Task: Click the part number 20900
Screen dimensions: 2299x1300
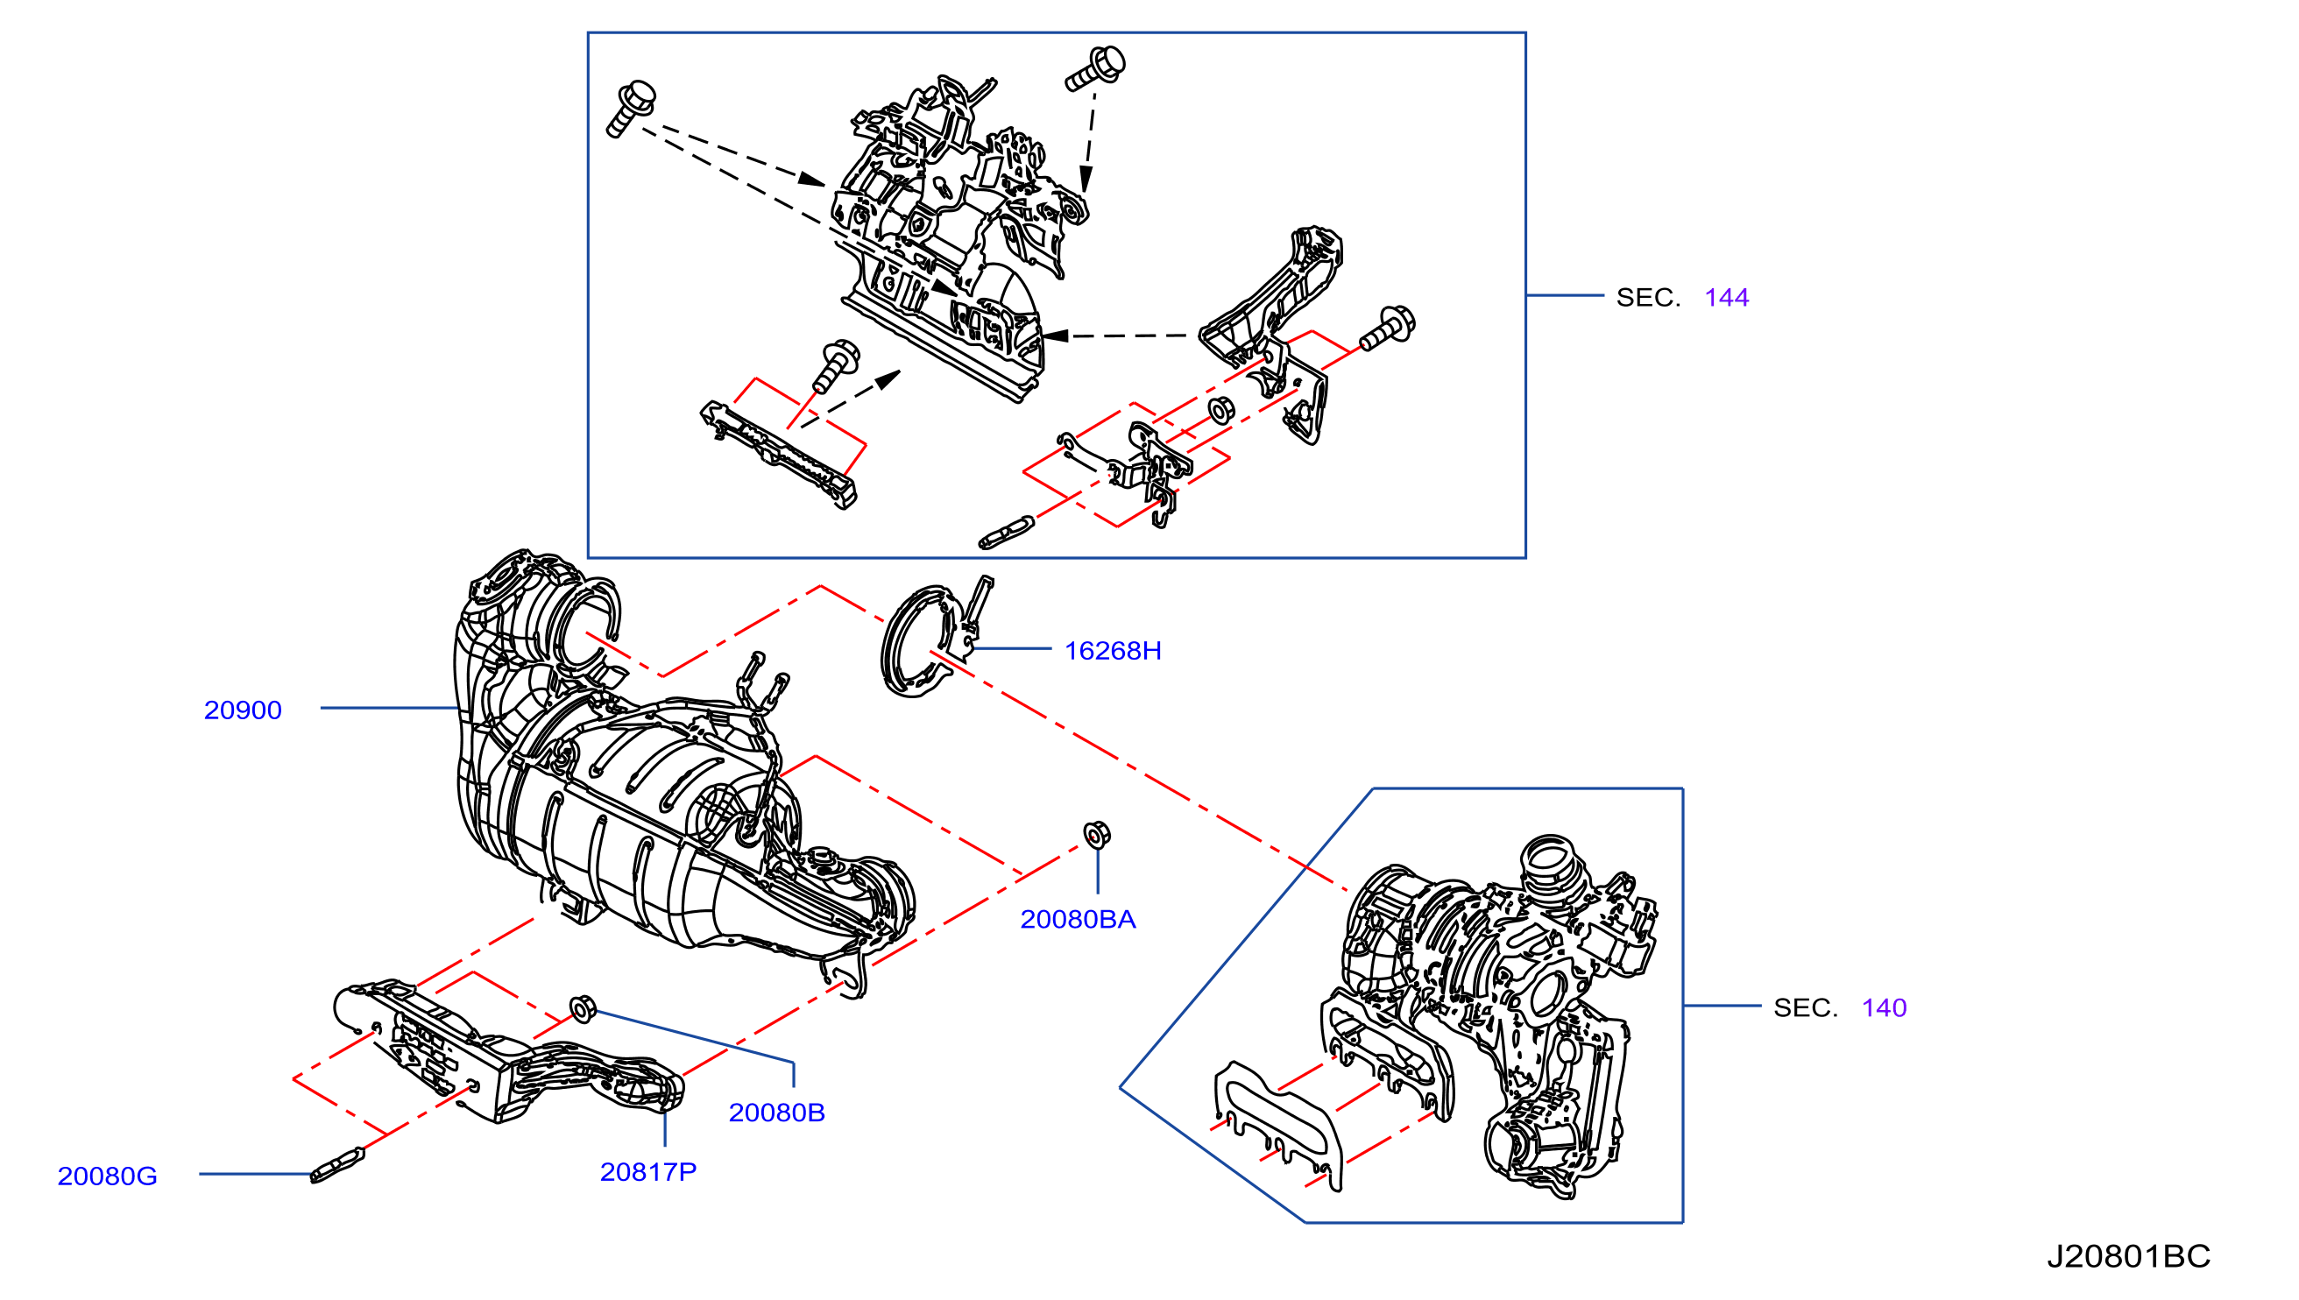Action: click(243, 710)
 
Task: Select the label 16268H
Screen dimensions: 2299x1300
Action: click(1113, 651)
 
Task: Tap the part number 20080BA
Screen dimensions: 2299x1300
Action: click(1078, 920)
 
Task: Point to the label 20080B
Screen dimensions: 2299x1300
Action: click(777, 1113)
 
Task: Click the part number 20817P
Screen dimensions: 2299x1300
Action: click(648, 1172)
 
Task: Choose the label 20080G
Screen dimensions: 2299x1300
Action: click(107, 1176)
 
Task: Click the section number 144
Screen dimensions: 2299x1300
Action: click(1727, 298)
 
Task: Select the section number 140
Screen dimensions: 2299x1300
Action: click(1884, 1008)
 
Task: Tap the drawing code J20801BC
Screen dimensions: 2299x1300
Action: click(2128, 1257)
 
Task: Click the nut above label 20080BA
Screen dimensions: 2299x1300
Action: click(1096, 835)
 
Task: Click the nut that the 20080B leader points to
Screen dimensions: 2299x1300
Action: click(582, 1009)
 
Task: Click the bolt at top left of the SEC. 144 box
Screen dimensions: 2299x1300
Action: click(631, 109)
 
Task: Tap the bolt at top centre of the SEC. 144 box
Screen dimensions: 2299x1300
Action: click(1095, 68)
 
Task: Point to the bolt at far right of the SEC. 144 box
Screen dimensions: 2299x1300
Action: click(1388, 328)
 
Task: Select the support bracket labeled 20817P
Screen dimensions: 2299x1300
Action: click(509, 1054)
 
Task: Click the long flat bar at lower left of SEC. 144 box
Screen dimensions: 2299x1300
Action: click(779, 455)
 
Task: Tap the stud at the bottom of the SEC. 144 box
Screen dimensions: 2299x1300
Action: click(1006, 532)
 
